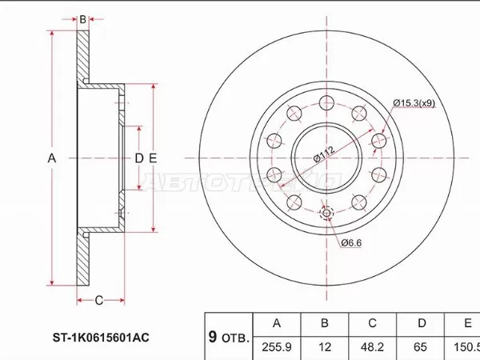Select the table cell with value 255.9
tap(277, 346)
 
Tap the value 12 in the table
tap(324, 346)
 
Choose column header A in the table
tap(277, 323)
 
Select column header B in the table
tap(324, 323)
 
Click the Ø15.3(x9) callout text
tap(414, 102)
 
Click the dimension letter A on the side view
tap(52, 158)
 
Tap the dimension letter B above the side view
tap(82, 18)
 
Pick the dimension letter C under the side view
tap(98, 300)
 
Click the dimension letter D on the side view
tap(138, 158)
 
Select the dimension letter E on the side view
tap(152, 158)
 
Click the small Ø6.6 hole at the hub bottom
tap(326, 213)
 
